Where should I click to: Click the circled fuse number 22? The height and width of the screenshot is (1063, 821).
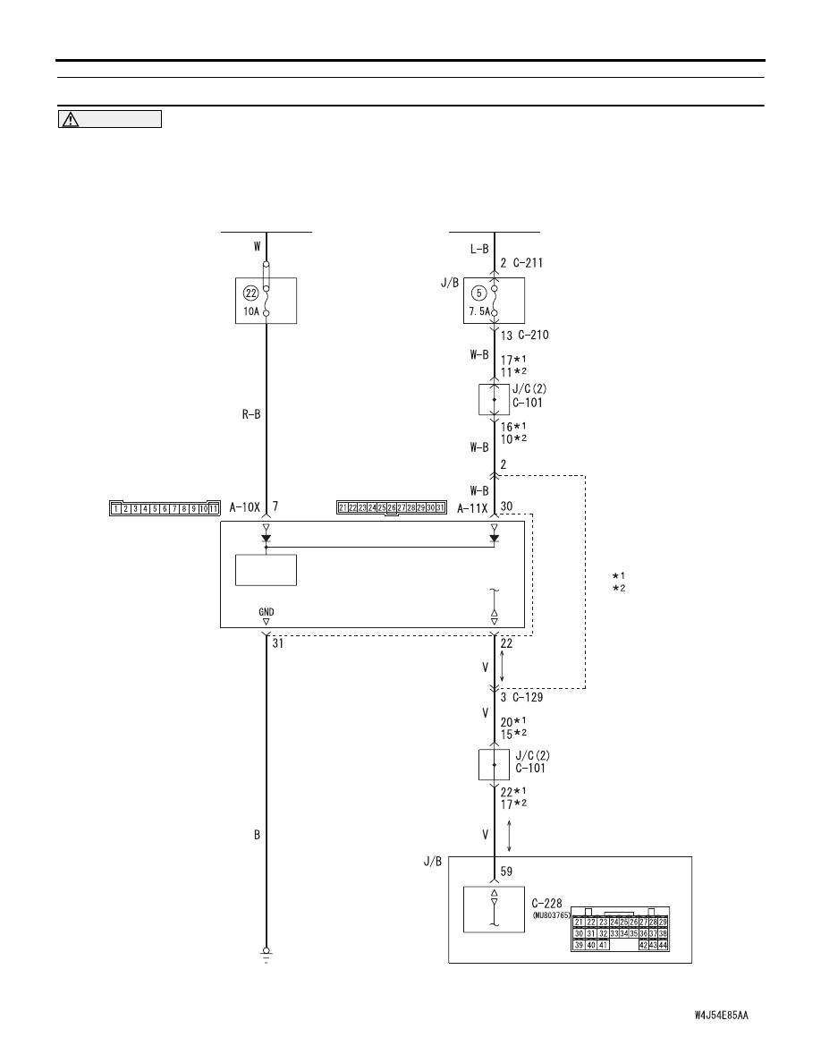point(251,293)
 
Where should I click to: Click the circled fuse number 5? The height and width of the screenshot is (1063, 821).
point(479,293)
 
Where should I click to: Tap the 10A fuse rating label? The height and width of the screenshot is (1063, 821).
point(251,312)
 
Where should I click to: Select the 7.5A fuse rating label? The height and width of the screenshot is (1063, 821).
point(479,312)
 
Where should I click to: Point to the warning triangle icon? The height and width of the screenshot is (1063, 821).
point(70,119)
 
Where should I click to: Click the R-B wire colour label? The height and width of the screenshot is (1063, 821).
point(251,413)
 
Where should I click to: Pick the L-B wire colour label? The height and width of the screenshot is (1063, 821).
point(479,250)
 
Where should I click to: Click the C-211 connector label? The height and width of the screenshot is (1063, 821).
point(528,263)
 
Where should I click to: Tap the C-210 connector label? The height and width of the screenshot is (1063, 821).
point(534,335)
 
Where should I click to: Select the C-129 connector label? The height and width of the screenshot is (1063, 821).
point(528,698)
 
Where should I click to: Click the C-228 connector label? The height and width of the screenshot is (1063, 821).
point(546,904)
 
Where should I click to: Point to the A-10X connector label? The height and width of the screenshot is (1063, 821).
point(244,507)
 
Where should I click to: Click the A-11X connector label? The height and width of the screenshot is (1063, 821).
point(472,508)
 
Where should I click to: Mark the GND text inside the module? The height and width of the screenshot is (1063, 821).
point(267,612)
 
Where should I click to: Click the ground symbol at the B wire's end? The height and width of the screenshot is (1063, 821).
point(267,955)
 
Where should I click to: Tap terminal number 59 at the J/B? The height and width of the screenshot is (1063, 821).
point(507,872)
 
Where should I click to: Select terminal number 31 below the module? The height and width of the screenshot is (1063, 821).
point(278,643)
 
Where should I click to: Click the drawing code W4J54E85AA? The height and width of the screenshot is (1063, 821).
point(722,1016)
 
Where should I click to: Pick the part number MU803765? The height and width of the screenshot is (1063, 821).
point(552,915)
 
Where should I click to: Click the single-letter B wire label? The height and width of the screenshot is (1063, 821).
point(257,835)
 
